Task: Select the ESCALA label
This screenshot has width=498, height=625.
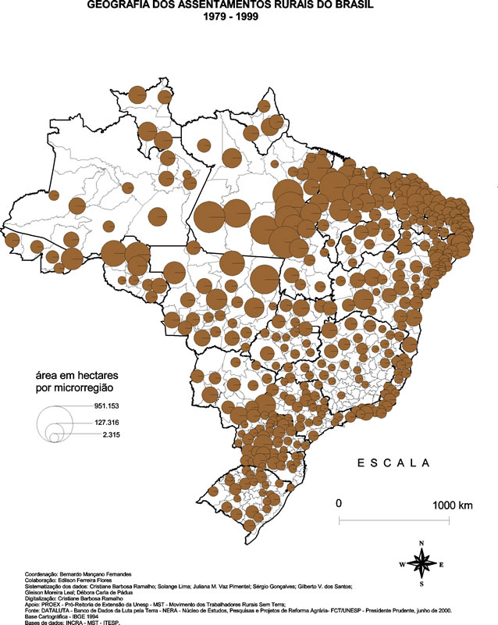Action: point(394,462)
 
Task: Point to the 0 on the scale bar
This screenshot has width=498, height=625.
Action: point(339,505)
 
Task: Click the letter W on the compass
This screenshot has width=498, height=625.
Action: point(403,564)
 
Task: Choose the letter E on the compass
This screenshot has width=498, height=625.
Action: point(441,564)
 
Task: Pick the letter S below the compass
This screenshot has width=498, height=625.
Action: point(422,584)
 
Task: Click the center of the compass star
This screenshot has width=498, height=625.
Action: point(422,563)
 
